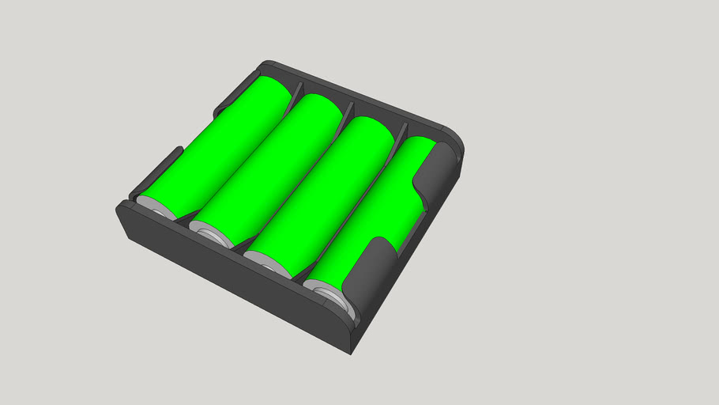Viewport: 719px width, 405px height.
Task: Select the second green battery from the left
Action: coord(273,166)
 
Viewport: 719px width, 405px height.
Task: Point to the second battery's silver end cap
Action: coord(209,236)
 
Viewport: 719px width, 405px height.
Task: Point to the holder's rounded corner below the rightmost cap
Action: coord(348,332)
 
